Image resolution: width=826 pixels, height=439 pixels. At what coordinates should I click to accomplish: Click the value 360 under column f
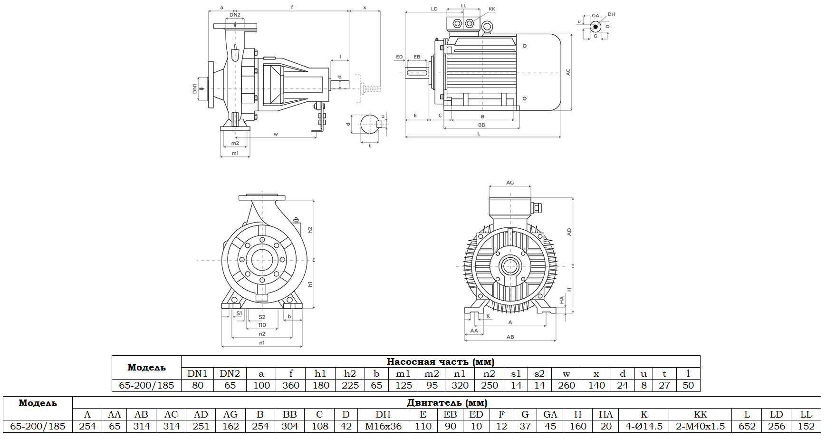click(x=291, y=385)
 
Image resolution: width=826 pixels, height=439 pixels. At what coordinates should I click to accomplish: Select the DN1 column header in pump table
click(x=197, y=373)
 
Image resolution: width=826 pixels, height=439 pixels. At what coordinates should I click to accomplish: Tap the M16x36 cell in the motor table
click(x=383, y=426)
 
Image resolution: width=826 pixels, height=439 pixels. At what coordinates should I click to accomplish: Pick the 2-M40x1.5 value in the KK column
click(x=700, y=426)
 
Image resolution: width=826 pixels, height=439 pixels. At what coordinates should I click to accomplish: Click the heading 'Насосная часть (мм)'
click(x=440, y=361)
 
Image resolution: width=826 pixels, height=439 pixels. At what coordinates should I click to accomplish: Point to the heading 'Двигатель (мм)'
click(x=446, y=402)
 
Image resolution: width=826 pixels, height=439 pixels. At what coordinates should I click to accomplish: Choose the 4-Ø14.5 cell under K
click(x=644, y=426)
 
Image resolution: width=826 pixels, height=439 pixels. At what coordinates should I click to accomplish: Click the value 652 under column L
click(x=747, y=426)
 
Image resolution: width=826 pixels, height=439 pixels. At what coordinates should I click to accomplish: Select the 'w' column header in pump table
click(x=566, y=373)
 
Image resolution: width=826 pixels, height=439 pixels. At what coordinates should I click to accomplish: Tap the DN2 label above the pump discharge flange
click(x=235, y=15)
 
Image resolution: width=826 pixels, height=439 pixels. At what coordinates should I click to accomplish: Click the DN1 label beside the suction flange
click(x=194, y=88)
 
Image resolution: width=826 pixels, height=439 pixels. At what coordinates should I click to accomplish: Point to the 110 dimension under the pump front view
click(x=262, y=325)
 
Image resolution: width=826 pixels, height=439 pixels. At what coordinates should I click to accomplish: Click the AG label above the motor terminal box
click(x=510, y=183)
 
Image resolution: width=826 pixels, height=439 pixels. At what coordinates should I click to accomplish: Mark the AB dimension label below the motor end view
click(x=510, y=337)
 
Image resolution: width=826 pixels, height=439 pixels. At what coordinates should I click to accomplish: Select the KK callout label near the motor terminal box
click(x=492, y=9)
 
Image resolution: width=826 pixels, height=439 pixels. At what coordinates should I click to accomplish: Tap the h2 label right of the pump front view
click(x=310, y=230)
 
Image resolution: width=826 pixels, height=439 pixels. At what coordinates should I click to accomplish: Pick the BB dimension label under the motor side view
click(x=481, y=125)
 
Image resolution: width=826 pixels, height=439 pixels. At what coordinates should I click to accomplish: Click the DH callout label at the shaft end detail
click(x=611, y=14)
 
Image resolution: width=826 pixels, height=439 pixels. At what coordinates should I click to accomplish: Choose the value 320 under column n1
click(x=460, y=385)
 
